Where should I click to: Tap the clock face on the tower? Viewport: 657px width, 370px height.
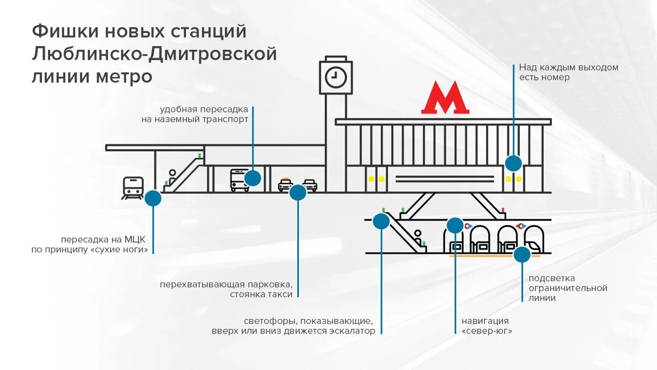336,78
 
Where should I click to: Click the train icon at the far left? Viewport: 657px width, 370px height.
133,188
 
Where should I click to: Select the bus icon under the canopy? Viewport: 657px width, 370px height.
239,180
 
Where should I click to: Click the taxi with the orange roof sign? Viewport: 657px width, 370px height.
285,184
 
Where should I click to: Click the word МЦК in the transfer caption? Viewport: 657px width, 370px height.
135,239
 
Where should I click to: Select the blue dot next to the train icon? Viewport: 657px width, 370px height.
153,198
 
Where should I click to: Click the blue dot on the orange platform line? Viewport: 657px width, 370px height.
522,255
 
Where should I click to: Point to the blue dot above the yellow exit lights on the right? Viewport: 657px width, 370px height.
513,163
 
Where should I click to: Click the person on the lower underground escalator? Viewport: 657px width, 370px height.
418,236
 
